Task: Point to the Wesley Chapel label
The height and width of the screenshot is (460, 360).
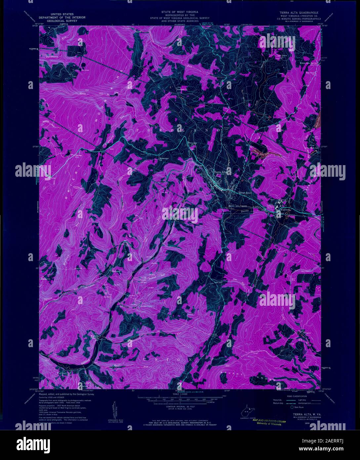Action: pos(96,338)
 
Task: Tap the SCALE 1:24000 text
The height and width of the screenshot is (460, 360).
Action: pos(180,393)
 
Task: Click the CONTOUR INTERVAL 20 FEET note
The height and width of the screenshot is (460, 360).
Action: pos(180,406)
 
